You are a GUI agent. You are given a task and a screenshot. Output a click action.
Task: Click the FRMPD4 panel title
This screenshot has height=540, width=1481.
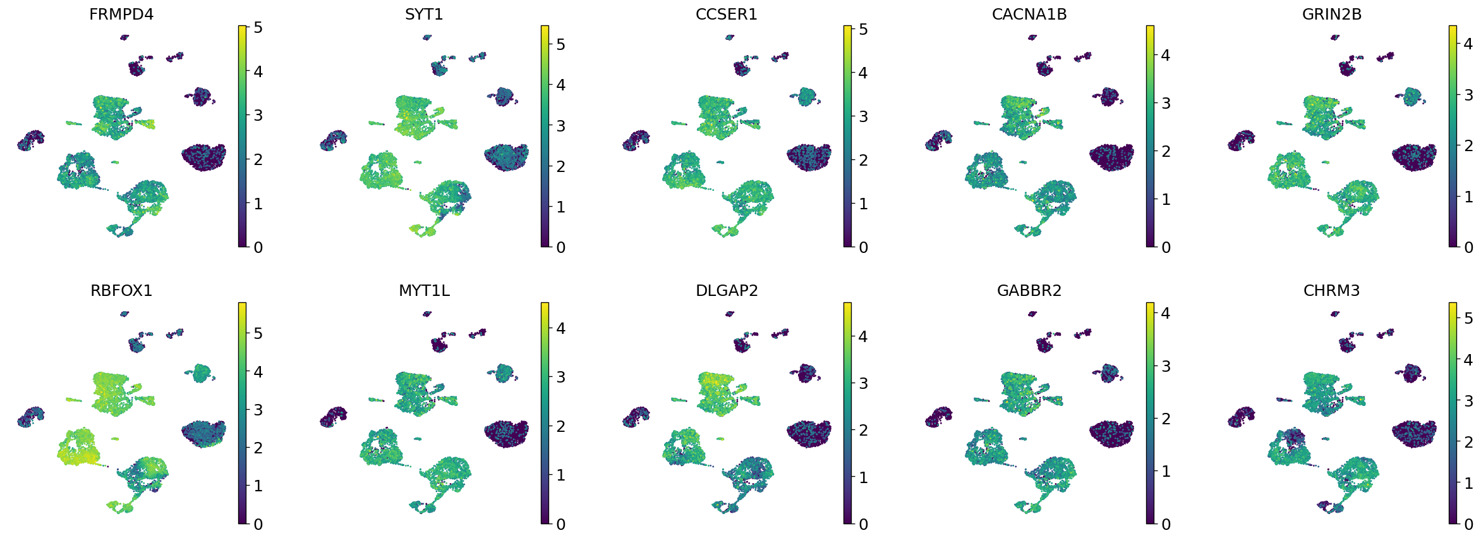pyautogui.click(x=121, y=14)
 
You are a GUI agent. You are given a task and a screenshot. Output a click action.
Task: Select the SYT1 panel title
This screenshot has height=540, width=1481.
pyautogui.click(x=424, y=14)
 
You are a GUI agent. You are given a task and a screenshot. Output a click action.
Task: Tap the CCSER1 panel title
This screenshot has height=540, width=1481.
pyautogui.click(x=726, y=14)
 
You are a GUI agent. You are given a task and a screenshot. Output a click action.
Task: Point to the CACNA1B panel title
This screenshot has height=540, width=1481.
pyautogui.click(x=1029, y=14)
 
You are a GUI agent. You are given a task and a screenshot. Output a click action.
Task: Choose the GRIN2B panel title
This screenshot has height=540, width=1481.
pyautogui.click(x=1331, y=14)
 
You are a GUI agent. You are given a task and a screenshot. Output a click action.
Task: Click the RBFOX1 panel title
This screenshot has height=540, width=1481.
pyautogui.click(x=121, y=290)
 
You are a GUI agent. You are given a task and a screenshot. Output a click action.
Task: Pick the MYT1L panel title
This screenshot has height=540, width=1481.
pyautogui.click(x=424, y=290)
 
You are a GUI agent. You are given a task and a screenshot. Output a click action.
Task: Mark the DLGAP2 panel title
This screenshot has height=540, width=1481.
pyautogui.click(x=726, y=290)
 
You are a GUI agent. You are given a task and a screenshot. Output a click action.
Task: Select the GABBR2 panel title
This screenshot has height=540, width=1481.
pyautogui.click(x=1029, y=290)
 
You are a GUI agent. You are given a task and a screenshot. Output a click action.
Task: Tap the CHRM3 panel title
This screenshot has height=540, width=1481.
pyautogui.click(x=1331, y=290)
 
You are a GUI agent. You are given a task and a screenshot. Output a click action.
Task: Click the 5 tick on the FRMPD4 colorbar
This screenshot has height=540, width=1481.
pyautogui.click(x=258, y=28)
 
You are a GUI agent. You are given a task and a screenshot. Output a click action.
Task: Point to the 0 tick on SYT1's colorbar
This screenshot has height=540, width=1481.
pyautogui.click(x=560, y=247)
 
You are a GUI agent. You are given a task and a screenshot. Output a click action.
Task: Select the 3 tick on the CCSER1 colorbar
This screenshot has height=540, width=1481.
pyautogui.click(x=863, y=116)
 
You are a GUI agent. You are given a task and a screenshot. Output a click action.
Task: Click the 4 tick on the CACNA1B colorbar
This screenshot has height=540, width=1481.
pyautogui.click(x=1166, y=55)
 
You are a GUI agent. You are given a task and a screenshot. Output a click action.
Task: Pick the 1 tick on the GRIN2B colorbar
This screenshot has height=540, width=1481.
pyautogui.click(x=1468, y=197)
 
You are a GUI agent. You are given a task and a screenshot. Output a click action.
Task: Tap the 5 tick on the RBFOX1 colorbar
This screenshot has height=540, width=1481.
pyautogui.click(x=258, y=333)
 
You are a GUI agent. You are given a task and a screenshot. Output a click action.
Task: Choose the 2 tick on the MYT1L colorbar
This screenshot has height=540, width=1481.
pyautogui.click(x=560, y=426)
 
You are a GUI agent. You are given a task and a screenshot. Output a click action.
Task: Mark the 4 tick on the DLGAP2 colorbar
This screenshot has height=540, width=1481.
pyautogui.click(x=863, y=336)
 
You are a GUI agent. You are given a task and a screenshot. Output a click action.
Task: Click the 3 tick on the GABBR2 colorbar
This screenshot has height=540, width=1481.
pyautogui.click(x=1166, y=366)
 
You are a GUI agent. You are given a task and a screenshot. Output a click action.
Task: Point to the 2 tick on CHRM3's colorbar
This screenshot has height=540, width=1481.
pyautogui.click(x=1468, y=442)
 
